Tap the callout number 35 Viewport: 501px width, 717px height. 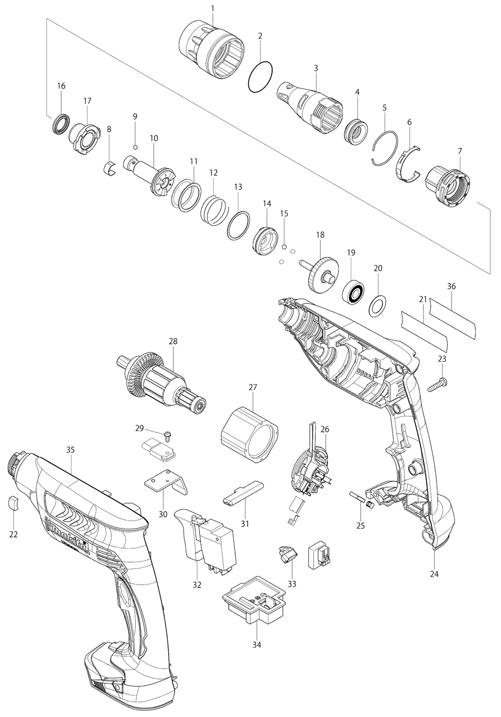[x=70, y=449]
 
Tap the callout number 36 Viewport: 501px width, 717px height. [x=451, y=287]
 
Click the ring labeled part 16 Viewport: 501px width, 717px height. [x=61, y=122]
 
